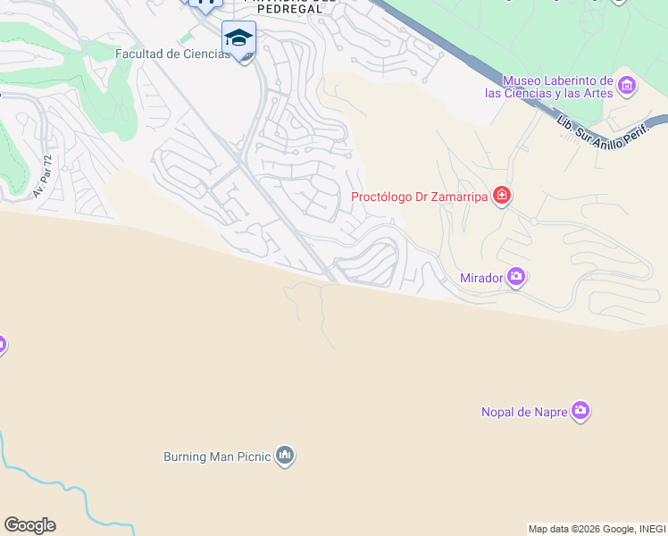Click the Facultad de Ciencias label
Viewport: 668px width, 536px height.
pyautogui.click(x=172, y=54)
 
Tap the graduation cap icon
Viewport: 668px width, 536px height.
pyautogui.click(x=238, y=38)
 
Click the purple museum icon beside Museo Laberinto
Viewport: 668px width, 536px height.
pyautogui.click(x=626, y=86)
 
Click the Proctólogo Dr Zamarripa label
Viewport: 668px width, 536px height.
pyautogui.click(x=419, y=197)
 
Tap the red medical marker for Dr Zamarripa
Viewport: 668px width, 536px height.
pyautogui.click(x=502, y=196)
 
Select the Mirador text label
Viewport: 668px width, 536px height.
pyautogui.click(x=481, y=278)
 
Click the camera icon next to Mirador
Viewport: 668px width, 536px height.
pyautogui.click(x=516, y=278)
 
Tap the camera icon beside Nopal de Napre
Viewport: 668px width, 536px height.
pyautogui.click(x=580, y=411)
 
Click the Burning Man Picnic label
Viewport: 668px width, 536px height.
pyautogui.click(x=217, y=456)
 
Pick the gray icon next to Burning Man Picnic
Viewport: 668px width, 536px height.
pyautogui.click(x=285, y=456)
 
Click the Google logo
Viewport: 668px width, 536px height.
pyautogui.click(x=29, y=525)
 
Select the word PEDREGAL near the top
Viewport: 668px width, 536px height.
pyautogui.click(x=288, y=9)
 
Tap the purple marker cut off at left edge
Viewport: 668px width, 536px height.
pyautogui.click(x=2, y=344)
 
